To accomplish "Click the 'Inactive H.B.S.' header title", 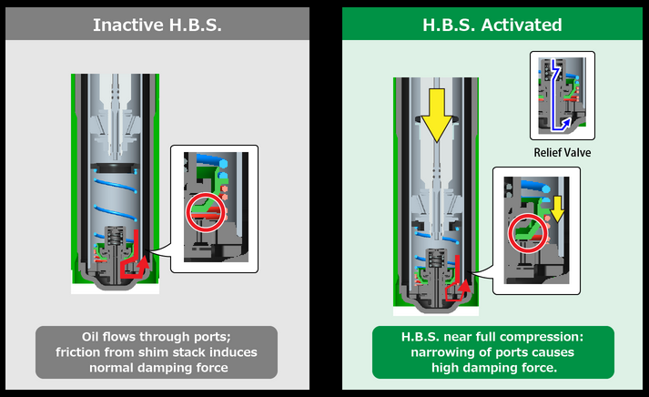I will (x=156, y=25).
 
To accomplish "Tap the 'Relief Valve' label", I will (x=562, y=152).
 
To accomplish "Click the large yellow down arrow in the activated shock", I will (x=437, y=115).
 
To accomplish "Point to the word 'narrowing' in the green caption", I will (x=437, y=352).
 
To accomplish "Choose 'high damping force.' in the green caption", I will (x=492, y=369).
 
